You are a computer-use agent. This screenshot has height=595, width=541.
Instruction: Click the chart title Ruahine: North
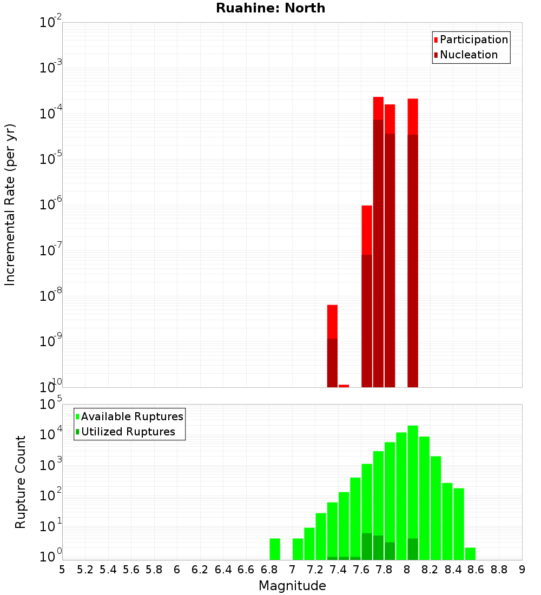[270, 8]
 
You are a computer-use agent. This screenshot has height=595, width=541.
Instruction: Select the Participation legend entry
[473, 39]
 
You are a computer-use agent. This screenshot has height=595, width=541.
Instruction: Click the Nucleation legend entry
[468, 55]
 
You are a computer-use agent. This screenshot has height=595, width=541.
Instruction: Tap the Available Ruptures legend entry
[131, 416]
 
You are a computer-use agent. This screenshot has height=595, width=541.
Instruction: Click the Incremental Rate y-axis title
[10, 204]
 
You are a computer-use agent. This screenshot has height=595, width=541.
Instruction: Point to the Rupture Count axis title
[21, 481]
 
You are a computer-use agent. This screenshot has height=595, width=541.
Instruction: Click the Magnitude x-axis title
[292, 585]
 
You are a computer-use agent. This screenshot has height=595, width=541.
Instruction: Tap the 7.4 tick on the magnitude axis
[338, 569]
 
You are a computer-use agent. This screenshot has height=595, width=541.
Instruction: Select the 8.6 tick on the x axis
[476, 569]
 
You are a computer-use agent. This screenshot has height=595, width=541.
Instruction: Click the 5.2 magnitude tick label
[85, 569]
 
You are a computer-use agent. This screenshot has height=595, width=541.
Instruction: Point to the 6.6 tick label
[246, 569]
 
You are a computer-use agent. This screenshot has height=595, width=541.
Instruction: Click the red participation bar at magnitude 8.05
[413, 116]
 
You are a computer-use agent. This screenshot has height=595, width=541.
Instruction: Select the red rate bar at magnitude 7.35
[332, 322]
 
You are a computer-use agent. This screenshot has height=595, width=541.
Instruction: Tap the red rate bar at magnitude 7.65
[367, 230]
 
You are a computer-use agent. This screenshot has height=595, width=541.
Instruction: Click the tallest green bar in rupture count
[413, 487]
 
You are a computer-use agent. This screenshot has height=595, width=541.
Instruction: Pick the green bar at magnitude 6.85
[275, 548]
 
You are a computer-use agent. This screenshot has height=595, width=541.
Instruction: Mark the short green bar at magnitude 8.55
[470, 553]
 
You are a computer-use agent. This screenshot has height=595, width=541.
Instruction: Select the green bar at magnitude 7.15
[309, 543]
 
